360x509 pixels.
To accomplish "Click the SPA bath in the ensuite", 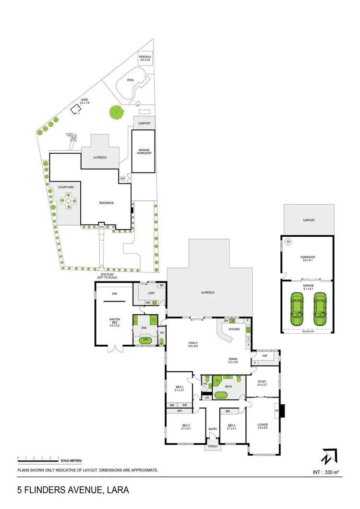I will tap(145, 340).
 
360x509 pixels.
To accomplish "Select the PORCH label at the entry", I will tap(212, 447).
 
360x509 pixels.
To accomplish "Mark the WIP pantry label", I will tap(265, 356).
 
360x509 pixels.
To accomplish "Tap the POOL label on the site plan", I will tap(131, 81).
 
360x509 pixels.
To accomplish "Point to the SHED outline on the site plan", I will tap(76, 110).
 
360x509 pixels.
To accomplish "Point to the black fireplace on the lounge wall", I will tap(283, 411).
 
